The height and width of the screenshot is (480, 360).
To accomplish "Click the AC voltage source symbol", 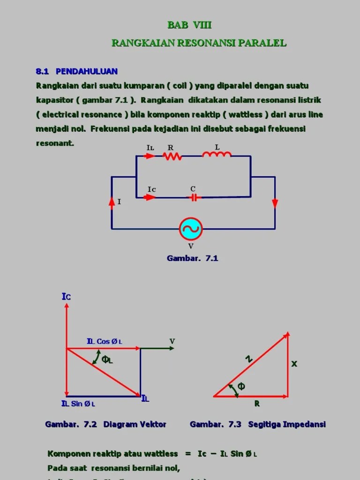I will [191, 229].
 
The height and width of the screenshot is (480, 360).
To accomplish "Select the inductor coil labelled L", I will [217, 154].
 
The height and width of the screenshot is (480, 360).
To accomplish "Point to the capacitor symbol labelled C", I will [193, 197].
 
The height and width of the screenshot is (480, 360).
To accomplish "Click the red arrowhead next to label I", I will [112, 202].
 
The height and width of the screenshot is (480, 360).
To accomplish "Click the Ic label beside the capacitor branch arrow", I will [151, 189].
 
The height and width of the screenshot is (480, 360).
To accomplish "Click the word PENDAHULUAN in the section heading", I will [87, 71].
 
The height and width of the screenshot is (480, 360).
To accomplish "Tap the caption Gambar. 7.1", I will [192, 258].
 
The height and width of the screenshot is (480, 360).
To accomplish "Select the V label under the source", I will [191, 246].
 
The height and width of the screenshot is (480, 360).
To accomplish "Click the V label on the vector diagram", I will [172, 341].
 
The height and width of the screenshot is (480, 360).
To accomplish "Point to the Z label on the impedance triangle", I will [249, 359].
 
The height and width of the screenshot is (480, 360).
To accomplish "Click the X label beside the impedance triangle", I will [294, 364].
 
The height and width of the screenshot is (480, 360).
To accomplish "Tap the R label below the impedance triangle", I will [257, 403].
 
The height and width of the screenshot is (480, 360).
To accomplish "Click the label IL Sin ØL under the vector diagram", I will [78, 404].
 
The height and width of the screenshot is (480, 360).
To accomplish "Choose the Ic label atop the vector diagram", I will [66, 297].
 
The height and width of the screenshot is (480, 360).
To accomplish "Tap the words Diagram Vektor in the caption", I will [135, 425].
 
